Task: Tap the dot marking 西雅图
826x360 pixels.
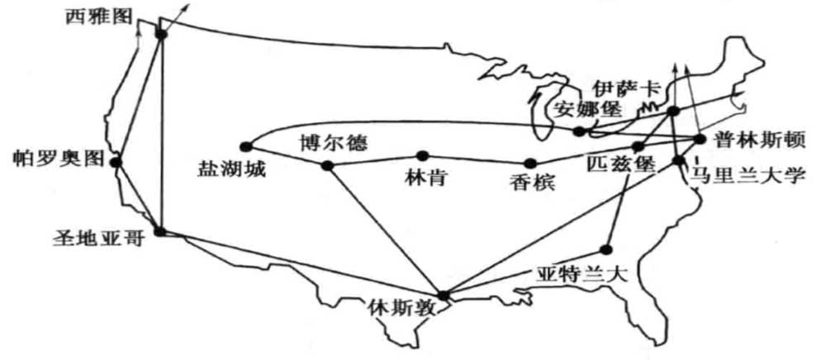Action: coord(160,34)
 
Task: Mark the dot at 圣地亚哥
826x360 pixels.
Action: coord(159,232)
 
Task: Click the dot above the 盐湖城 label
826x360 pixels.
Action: coord(244,146)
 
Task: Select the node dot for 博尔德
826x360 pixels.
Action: coord(326,166)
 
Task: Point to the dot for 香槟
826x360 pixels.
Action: coord(529,163)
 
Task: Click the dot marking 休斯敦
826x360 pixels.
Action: coord(444,295)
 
